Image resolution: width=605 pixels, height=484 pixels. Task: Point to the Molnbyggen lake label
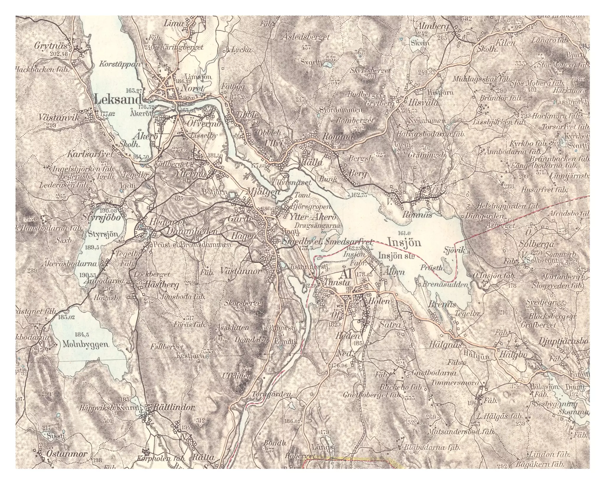point(86,344)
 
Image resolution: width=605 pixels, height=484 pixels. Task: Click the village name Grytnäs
point(51,46)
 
